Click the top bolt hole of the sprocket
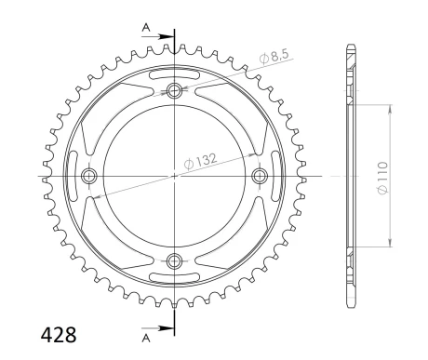[174, 90]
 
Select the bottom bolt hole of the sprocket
[174, 260]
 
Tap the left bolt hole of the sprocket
[89, 176]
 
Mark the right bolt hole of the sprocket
[260, 176]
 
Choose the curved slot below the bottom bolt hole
[174, 276]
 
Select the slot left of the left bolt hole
[74, 176]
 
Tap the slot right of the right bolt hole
[275, 176]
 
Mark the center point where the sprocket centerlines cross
[174, 176]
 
